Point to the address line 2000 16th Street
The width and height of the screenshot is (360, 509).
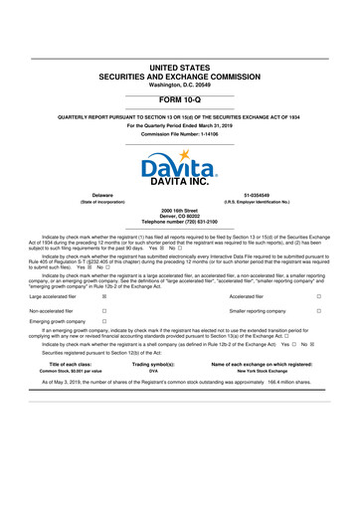tap(180, 212)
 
